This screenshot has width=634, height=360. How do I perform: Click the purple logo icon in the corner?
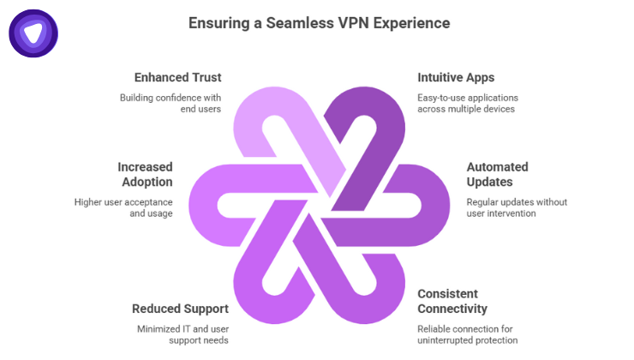click(33, 33)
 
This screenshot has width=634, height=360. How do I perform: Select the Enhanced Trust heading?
click(177, 78)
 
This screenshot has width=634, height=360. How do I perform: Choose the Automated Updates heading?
click(497, 174)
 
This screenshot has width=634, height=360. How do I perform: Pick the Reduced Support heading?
click(180, 309)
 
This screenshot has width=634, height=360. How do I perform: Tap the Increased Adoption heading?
click(146, 174)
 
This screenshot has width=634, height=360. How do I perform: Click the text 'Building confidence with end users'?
click(170, 103)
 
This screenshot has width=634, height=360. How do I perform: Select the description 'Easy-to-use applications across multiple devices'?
click(467, 103)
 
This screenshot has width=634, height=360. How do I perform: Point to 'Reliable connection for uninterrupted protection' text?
click(467, 334)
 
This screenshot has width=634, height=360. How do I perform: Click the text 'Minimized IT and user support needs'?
click(182, 334)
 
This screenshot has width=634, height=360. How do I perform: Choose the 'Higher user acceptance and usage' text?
click(123, 207)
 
